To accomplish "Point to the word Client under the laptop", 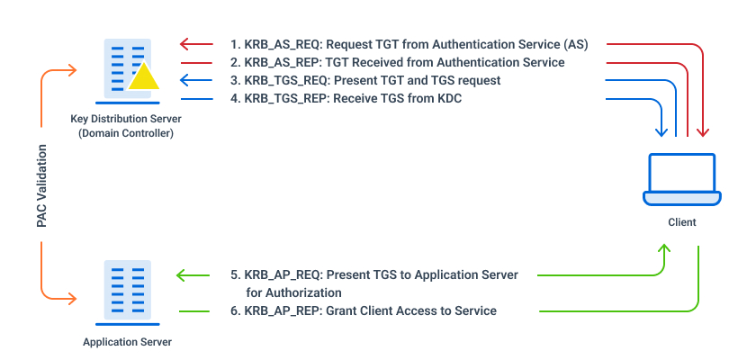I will (x=682, y=221).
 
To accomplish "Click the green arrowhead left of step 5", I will (x=182, y=274).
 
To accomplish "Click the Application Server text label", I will (x=127, y=342).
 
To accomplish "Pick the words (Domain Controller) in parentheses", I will (x=126, y=132).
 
